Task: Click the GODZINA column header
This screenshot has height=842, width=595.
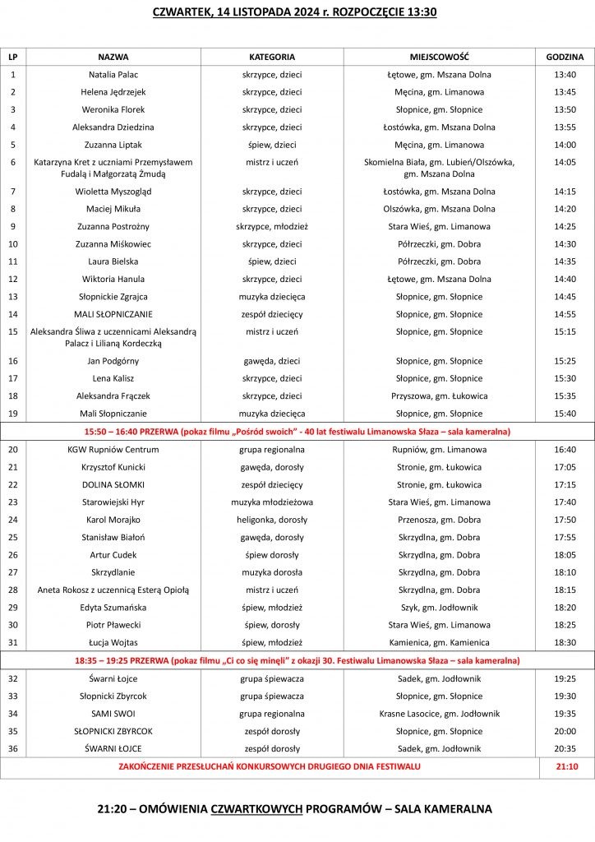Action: click(565, 57)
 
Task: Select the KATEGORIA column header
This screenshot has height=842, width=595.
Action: click(272, 57)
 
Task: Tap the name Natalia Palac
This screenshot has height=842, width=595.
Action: click(113, 74)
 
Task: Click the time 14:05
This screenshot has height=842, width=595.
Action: click(565, 163)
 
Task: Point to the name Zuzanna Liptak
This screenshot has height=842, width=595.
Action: click(113, 145)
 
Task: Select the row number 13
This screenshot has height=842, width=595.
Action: click(12, 297)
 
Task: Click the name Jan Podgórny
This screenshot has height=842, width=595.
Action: click(113, 361)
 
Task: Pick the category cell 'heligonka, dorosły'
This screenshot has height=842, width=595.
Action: click(272, 520)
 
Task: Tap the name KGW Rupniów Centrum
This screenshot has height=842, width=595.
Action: click(113, 450)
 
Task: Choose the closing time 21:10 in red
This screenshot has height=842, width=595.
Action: click(565, 766)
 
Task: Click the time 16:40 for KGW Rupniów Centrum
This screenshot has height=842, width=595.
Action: click(565, 450)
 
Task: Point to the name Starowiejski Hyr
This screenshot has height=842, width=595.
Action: click(113, 502)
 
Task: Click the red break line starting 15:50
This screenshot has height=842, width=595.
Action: click(297, 431)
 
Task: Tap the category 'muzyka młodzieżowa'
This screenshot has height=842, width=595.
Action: click(272, 502)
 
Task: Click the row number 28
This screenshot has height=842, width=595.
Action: click(12, 590)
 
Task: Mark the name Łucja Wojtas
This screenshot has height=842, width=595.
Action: click(113, 642)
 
